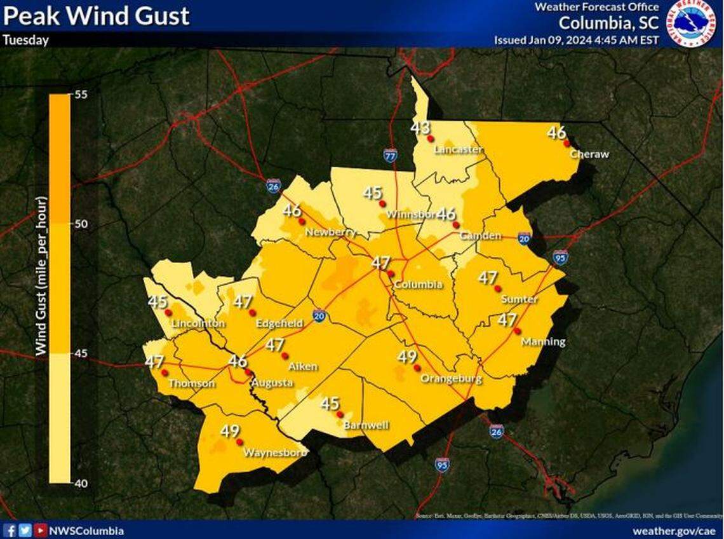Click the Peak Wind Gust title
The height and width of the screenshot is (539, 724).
pyautogui.click(x=96, y=15)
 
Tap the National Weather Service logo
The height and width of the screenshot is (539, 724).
pyautogui.click(x=692, y=22)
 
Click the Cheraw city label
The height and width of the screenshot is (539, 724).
pyautogui.click(x=589, y=154)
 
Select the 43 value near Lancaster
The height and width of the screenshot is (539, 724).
pyautogui.click(x=420, y=128)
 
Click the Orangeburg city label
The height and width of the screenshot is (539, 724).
pyautogui.click(x=452, y=379)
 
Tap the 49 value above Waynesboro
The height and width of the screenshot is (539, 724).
pyautogui.click(x=230, y=431)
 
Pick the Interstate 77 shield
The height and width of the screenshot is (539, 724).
pyautogui.click(x=391, y=154)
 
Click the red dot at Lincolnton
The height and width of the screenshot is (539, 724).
pyautogui.click(x=168, y=313)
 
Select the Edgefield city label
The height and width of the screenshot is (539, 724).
pyautogui.click(x=279, y=324)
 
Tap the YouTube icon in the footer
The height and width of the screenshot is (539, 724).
pyautogui.click(x=40, y=531)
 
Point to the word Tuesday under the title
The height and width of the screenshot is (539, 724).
pyautogui.click(x=26, y=39)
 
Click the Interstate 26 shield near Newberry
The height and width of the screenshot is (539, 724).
pyautogui.click(x=272, y=186)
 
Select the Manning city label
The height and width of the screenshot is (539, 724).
pyautogui.click(x=543, y=342)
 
